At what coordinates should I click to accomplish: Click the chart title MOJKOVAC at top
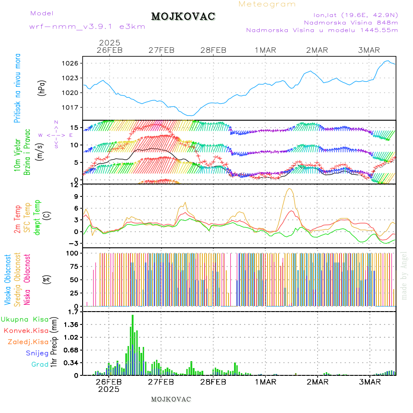coord(183,17)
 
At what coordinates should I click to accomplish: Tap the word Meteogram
coord(267,4)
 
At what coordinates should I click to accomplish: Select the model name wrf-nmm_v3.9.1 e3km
coord(87,27)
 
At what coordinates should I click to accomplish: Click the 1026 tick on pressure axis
coord(73,63)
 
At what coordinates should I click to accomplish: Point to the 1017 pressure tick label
coord(73,107)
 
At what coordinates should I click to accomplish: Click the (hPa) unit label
coord(43,88)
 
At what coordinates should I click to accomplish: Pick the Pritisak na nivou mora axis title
coord(17,88)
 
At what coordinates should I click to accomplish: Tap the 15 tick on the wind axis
coord(76,128)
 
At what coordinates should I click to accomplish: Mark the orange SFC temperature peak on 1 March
coord(289,189)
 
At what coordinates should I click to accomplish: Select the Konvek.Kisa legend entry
coord(26,330)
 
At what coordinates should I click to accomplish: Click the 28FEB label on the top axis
coord(214,50)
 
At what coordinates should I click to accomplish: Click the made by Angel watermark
coord(404,275)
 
